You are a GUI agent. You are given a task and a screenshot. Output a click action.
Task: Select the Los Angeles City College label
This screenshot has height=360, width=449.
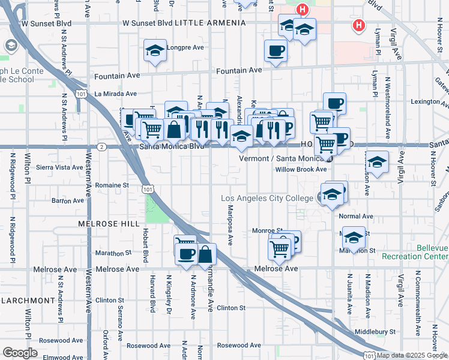tap(268, 198)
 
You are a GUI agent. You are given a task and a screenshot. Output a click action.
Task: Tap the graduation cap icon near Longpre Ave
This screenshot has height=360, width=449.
tap(155, 51)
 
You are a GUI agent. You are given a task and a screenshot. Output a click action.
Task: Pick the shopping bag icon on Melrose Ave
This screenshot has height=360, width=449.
tap(205, 254)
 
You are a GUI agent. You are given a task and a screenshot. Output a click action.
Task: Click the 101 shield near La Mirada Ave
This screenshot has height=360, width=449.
tap(80, 94)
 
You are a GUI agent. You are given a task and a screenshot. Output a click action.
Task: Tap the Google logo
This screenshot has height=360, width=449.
tap(20, 353)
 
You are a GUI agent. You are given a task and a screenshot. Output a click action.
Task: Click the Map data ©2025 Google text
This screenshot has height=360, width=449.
tap(412, 355)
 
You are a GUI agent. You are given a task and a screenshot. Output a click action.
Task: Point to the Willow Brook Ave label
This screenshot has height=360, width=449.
tap(301, 169)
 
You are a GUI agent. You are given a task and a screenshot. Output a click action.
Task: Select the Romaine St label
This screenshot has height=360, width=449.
tap(112, 186)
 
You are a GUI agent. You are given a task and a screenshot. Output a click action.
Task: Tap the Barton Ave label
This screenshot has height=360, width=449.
tap(67, 200)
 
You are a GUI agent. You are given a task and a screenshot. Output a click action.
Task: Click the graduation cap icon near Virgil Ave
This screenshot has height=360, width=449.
tap(377, 163)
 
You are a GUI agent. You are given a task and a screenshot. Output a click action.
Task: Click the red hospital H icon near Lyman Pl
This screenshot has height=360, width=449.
tap(359, 26)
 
